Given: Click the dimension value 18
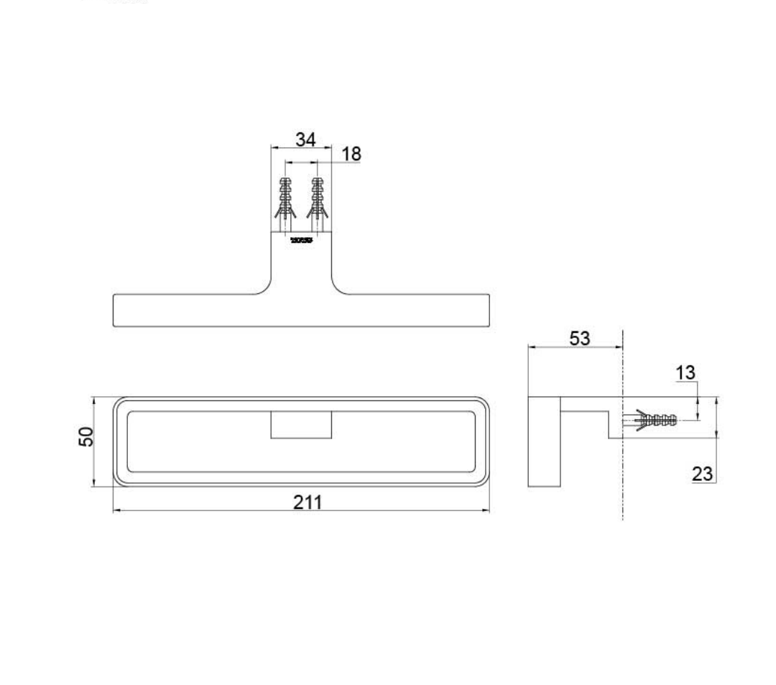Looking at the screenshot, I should tap(351, 154).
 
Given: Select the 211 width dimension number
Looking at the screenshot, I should tap(308, 502).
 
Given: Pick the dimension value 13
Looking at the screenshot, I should tap(686, 372).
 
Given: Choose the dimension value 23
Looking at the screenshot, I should tap(702, 473).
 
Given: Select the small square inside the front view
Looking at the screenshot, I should tap(301, 425).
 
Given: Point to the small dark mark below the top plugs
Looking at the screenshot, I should tap(301, 240).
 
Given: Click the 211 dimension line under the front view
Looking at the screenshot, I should tap(216, 511).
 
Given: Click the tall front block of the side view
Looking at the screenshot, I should tap(544, 441).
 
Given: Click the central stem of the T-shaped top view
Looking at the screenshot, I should tap(301, 266).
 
